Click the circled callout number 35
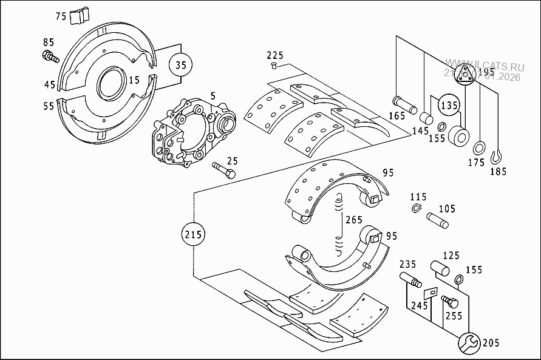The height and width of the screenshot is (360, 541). click(179, 64)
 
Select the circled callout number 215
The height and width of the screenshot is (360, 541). click(193, 234)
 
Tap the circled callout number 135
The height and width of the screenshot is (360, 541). click(449, 104)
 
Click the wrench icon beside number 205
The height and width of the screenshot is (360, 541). click(468, 343)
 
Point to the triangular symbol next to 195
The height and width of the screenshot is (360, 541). click(466, 75)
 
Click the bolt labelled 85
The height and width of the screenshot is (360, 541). click(50, 57)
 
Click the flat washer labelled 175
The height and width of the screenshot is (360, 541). click(479, 148)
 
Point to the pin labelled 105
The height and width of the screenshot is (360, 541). click(438, 220)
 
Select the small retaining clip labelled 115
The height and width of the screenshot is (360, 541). click(415, 210)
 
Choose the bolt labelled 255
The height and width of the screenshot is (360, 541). click(448, 302)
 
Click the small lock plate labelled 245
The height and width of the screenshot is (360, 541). click(431, 293)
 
